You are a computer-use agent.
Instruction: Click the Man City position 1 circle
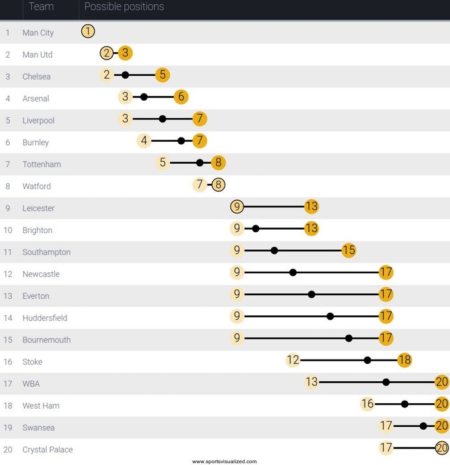88,31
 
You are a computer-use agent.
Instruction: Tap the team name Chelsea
36,77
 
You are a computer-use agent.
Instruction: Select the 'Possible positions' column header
124,7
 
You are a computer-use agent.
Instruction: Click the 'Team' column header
41,7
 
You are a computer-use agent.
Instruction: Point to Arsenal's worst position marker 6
181,97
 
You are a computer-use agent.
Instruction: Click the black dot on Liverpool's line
162,119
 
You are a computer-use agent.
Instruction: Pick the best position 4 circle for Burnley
144,141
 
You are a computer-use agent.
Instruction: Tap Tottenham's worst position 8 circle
219,162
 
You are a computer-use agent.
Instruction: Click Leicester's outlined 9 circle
237,207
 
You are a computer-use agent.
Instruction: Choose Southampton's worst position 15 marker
349,250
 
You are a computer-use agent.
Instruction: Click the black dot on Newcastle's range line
293,272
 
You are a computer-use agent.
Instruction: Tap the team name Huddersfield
45,318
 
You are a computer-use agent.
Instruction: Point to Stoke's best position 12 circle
293,360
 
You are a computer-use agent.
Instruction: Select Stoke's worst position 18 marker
405,360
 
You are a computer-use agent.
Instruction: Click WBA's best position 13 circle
311,382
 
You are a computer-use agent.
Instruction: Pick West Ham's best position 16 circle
368,404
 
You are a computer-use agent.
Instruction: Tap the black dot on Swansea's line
423,426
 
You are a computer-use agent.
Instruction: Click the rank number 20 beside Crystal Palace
8,450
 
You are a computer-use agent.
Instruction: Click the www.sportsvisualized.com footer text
224,461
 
